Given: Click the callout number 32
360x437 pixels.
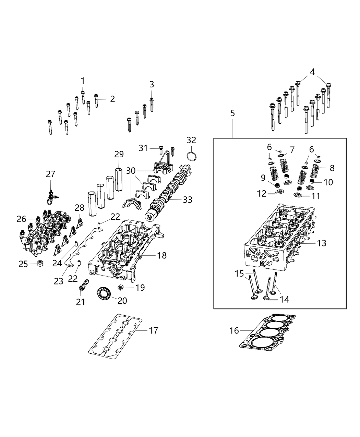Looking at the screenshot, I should (191, 140).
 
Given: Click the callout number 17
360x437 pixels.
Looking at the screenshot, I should (153, 330).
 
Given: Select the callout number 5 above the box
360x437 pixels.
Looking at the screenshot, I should (232, 113).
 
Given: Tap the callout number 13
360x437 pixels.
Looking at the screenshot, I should (322, 243).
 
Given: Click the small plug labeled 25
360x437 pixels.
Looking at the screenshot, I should (41, 264).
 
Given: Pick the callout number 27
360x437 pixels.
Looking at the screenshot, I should (50, 174).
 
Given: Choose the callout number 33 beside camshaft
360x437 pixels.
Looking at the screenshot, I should (188, 199).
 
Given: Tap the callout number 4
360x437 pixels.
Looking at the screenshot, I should (312, 72).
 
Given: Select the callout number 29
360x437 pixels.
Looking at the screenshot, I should (119, 154).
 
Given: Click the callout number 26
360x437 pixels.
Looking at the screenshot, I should (21, 219).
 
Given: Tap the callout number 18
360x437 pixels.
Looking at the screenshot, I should (161, 255).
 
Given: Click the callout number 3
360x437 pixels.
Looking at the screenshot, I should (152, 84).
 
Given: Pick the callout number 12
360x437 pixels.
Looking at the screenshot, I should (262, 194).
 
